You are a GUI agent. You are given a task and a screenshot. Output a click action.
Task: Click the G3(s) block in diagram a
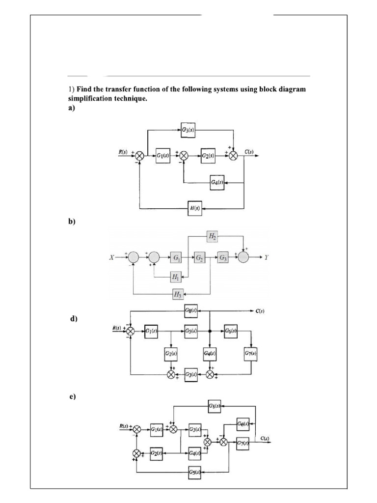(188, 130)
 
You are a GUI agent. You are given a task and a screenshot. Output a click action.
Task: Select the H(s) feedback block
(195, 208)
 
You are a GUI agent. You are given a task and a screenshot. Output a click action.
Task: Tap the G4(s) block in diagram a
(217, 183)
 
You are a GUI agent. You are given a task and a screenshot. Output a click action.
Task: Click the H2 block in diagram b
(212, 236)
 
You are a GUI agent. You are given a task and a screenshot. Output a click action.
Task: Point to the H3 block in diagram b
(177, 294)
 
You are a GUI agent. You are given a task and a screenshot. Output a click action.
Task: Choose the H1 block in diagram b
(175, 278)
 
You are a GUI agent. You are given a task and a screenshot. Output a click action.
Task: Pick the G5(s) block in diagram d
(191, 331)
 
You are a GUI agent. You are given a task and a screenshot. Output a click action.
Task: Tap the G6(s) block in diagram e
(242, 423)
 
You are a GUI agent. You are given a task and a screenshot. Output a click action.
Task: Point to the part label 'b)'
(72, 222)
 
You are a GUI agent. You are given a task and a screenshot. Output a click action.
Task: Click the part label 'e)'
(72, 396)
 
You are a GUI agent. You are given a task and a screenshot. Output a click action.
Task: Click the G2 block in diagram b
(200, 257)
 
